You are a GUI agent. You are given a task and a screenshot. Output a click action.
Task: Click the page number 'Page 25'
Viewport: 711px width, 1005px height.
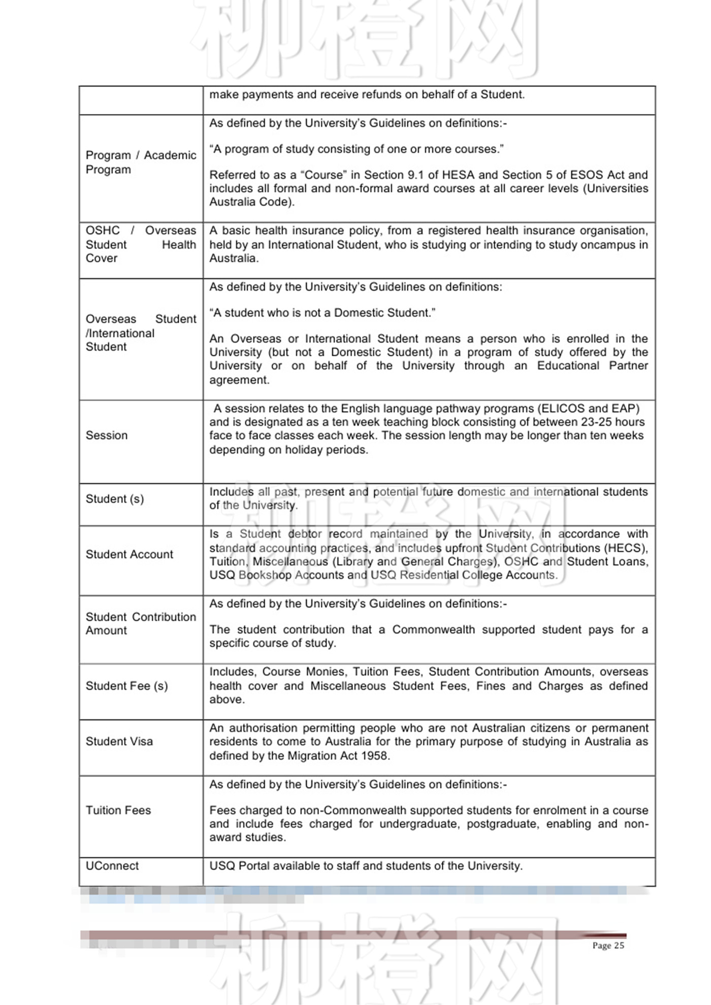pyautogui.click(x=608, y=945)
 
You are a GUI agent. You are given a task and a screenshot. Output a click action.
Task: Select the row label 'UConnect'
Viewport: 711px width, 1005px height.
pyautogui.click(x=112, y=865)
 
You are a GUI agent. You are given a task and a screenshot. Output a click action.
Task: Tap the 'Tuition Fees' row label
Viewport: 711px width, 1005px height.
pyautogui.click(x=118, y=810)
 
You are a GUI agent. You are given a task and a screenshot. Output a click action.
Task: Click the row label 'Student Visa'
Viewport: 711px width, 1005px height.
pyautogui.click(x=119, y=741)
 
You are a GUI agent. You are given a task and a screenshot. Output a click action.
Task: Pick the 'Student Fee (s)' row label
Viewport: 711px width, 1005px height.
pyautogui.click(x=126, y=686)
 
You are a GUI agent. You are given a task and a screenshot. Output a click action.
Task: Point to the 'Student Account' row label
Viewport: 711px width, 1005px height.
pyautogui.click(x=129, y=554)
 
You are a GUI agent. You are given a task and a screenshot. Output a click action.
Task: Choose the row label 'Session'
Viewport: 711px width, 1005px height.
pyautogui.click(x=106, y=435)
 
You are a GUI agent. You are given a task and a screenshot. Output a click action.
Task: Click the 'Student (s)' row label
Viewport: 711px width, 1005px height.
pyautogui.click(x=114, y=498)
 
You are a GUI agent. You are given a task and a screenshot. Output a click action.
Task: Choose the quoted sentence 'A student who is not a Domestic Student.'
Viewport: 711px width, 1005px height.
pyautogui.click(x=322, y=313)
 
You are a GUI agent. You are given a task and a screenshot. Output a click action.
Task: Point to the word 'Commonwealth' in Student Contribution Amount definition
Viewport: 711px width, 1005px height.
pyautogui.click(x=433, y=629)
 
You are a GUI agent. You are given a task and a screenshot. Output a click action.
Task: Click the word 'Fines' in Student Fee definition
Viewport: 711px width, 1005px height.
pyautogui.click(x=491, y=686)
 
